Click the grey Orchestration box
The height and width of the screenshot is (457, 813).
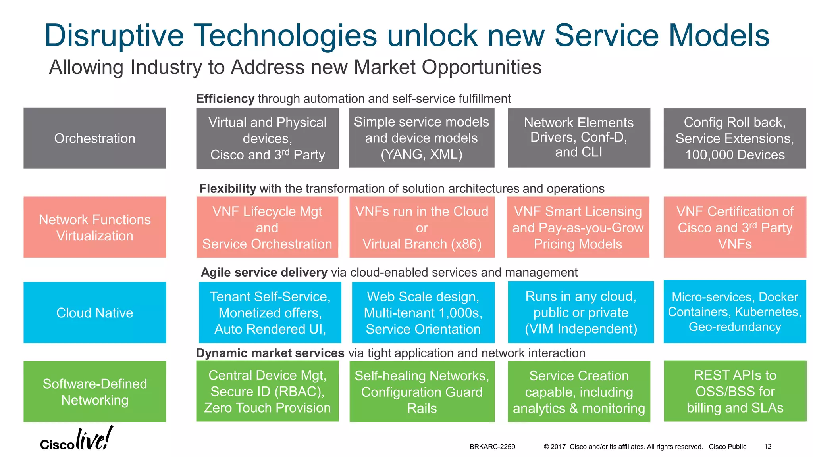tap(94, 138)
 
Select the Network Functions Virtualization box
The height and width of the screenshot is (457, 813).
tap(94, 227)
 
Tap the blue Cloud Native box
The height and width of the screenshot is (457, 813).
tap(94, 313)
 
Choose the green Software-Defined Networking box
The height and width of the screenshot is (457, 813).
tap(94, 392)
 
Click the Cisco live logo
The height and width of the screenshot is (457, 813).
tap(76, 439)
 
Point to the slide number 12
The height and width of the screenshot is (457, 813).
tap(767, 447)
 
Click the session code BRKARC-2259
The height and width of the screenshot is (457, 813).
tap(492, 447)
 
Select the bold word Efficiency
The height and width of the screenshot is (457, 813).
tap(225, 98)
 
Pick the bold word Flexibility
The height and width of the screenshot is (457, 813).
tap(227, 188)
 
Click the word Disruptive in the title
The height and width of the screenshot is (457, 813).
tap(114, 36)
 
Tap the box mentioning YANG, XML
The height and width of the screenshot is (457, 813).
tap(421, 138)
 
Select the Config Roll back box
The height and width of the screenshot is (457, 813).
tap(734, 138)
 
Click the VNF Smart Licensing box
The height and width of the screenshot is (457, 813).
tap(578, 227)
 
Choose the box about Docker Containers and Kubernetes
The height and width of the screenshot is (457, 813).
tap(734, 312)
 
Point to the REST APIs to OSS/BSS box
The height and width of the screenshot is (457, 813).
tap(735, 391)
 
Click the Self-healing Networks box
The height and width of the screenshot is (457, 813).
tap(422, 392)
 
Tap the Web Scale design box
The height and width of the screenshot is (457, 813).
tap(423, 313)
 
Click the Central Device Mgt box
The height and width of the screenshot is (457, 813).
tap(267, 391)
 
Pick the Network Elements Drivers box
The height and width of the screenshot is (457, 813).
tap(578, 138)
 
